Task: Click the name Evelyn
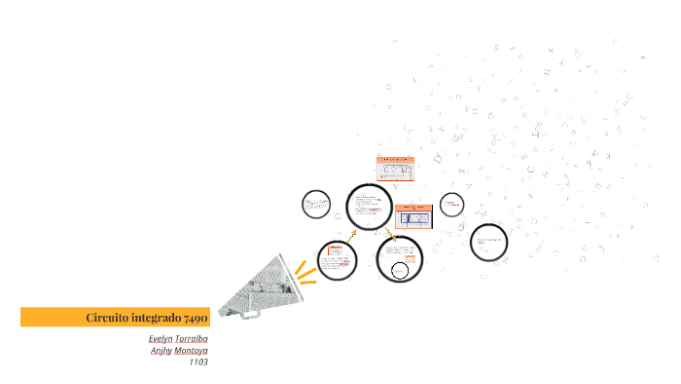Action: coord(161,338)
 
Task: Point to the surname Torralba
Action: coord(192,338)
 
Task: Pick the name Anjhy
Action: coord(160,350)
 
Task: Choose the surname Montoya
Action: coord(192,350)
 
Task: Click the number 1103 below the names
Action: coord(198,362)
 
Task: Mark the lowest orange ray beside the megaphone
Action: coord(307,283)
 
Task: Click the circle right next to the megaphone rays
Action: coord(338,259)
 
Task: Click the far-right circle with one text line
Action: coord(488,242)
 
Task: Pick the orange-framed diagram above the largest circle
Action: coord(396,170)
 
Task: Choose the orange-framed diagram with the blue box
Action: coord(414,215)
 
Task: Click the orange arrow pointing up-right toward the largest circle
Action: coord(351,235)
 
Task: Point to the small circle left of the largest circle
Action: coord(316,205)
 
